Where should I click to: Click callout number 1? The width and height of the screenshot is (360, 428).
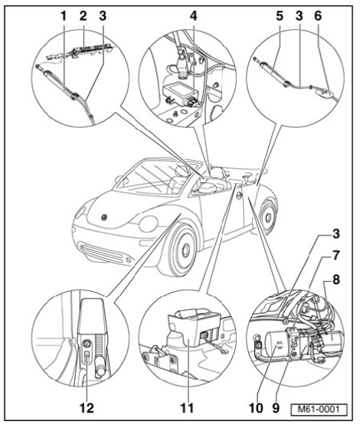coord(64,16)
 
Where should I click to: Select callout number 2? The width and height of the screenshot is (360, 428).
coord(83,16)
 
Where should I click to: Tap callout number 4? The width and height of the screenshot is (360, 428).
coord(193,16)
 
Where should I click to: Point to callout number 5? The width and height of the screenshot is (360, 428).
coord(280,16)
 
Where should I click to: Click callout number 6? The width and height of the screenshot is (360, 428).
coord(318,16)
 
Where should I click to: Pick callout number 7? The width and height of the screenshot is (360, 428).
coord(335,256)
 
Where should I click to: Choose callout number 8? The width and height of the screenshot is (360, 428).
coord(335,279)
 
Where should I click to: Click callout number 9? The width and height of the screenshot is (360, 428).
coord(276,408)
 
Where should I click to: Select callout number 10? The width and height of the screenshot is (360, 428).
coord(256,408)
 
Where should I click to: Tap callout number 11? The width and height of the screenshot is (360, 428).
coord(187,408)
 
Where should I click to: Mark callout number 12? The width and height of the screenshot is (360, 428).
coord(87,408)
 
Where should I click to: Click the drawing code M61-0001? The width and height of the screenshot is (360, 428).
coord(319,410)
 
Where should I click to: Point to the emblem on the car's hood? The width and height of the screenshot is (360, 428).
coord(104,217)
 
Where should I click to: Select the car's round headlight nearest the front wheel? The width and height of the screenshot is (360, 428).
coord(148,224)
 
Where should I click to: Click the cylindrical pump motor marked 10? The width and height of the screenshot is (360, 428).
coord(278,345)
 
